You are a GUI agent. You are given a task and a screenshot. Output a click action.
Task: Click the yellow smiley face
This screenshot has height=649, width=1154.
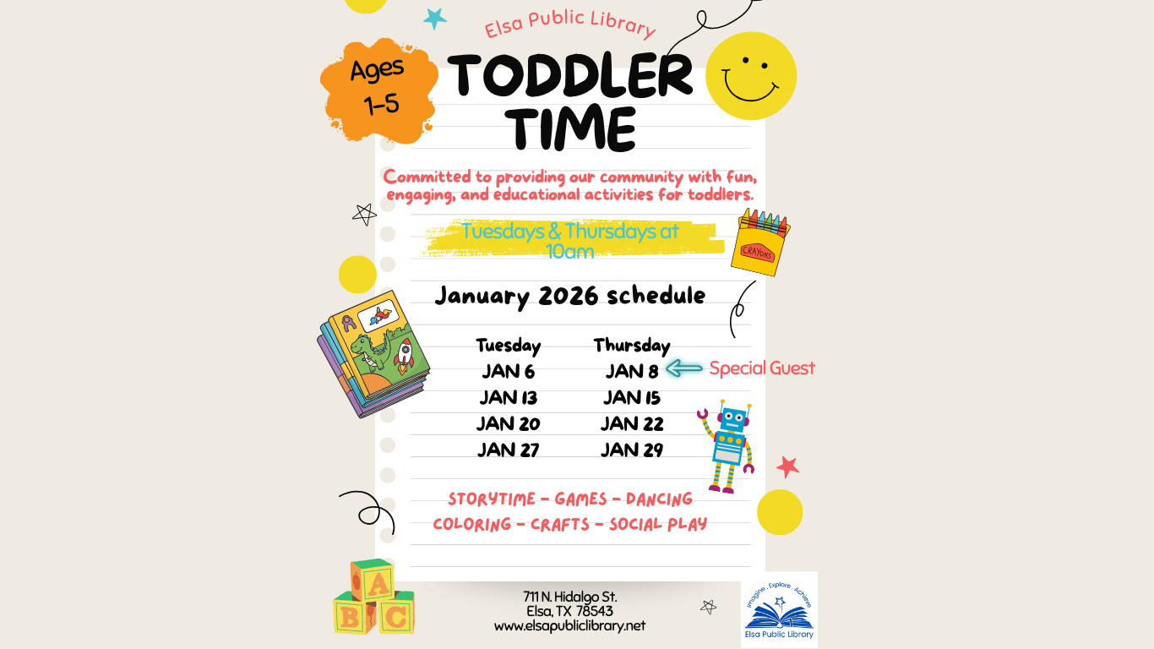pos(750,75)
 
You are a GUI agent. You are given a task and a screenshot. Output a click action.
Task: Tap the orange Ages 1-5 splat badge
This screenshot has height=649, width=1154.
pos(378,89)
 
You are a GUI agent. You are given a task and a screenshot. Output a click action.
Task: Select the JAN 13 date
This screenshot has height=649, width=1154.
pos(509,397)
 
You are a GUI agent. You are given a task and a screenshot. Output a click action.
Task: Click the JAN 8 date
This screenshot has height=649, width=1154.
pos(632,371)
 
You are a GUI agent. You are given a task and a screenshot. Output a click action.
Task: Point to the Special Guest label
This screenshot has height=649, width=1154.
pos(762,368)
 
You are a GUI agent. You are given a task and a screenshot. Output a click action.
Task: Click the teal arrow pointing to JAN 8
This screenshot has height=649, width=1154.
pos(684,368)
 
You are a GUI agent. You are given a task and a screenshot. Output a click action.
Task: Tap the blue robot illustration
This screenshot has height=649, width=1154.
pos(728,445)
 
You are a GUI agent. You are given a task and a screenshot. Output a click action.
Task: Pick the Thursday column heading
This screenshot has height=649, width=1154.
pos(632,345)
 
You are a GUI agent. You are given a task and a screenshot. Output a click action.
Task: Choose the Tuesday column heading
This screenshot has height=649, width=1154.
pos(508,345)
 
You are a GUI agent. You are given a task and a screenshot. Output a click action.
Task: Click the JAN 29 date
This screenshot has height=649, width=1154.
pos(632,450)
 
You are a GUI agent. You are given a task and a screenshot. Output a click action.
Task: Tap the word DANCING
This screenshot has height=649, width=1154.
pos(659,499)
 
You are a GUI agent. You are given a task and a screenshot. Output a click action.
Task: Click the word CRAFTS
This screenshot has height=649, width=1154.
pos(560,525)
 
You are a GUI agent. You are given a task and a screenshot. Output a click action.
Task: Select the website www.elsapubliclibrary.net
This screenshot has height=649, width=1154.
pos(569,626)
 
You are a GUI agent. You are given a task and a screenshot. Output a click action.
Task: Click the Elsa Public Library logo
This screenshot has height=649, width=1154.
pos(779,609)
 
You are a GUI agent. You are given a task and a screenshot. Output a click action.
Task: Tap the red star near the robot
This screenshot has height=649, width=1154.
pos(787,466)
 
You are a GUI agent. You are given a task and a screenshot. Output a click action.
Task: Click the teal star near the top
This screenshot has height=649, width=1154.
pos(435,18)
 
